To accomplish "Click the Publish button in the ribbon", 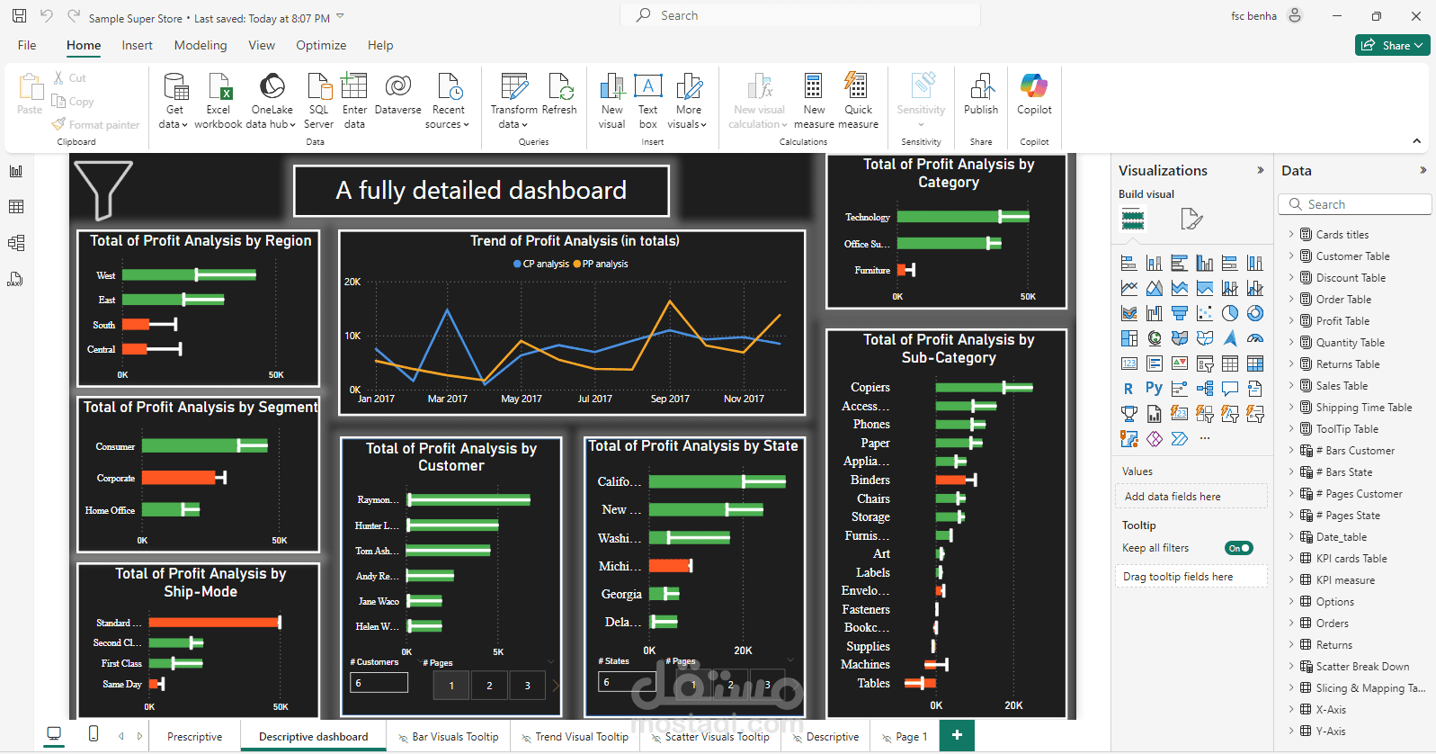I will (980, 94).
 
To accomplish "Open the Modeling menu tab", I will (201, 45).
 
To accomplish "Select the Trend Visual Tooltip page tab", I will (581, 737).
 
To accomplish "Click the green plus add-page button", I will (957, 735).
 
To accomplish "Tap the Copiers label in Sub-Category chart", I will (870, 388).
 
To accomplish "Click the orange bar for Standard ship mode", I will (214, 623).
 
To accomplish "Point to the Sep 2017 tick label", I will (670, 399).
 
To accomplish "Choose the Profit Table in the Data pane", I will (1342, 321).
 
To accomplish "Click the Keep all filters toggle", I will (1238, 548).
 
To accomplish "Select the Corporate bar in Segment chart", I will (179, 478).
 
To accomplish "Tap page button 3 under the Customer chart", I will (527, 686).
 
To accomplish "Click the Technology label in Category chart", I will (867, 218).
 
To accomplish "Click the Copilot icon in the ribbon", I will (1034, 94).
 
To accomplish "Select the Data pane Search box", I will (1354, 205).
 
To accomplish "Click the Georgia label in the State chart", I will (621, 595).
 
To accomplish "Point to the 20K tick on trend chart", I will (352, 283).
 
